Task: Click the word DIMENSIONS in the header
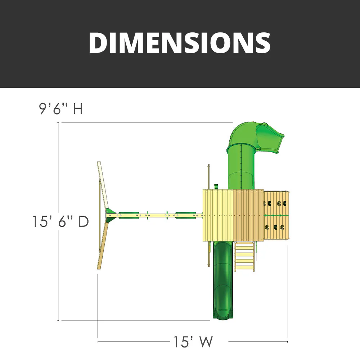[x=180, y=43]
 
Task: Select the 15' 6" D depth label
[x=60, y=221]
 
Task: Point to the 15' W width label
[x=193, y=342]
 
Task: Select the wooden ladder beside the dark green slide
[x=245, y=256]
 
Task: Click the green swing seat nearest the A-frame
[x=129, y=215]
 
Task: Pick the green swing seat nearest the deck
[x=186, y=215]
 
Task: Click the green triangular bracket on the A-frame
[x=110, y=215]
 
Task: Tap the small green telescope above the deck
[x=216, y=186]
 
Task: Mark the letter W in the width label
[x=206, y=342]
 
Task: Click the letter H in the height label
[x=78, y=109]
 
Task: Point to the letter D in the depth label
[x=83, y=221]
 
